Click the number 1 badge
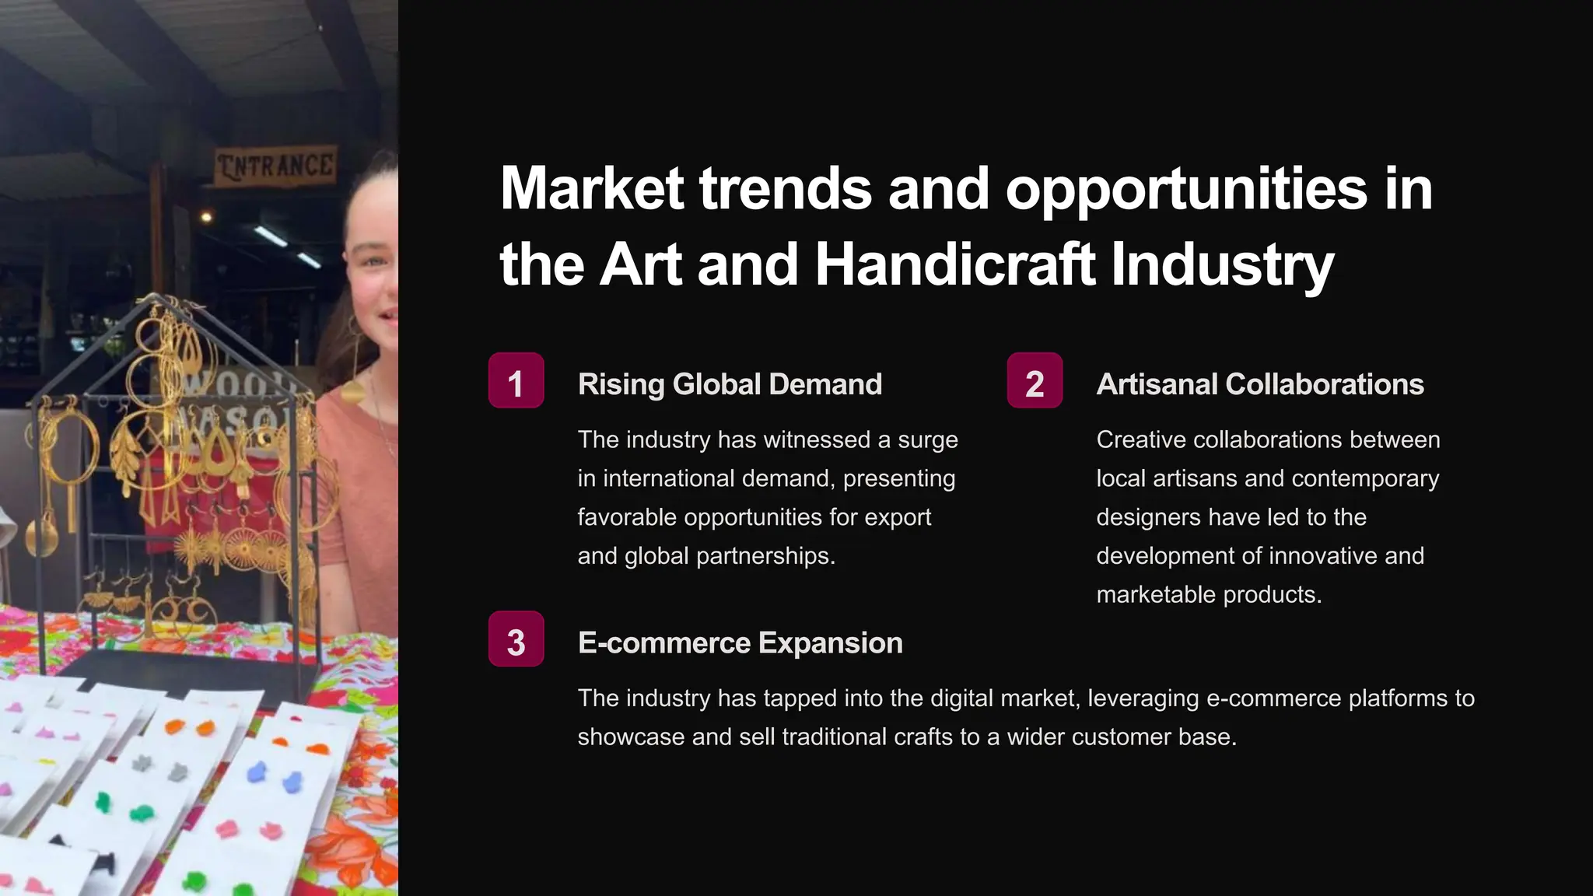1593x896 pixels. click(x=516, y=381)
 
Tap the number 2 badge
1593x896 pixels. click(x=1035, y=381)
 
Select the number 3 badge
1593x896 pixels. click(x=516, y=639)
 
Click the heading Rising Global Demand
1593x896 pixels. click(x=730, y=384)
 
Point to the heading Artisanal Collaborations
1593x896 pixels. click(x=1260, y=384)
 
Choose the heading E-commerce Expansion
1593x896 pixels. click(x=740, y=643)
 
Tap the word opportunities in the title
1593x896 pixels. click(x=1186, y=189)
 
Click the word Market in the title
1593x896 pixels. click(x=592, y=189)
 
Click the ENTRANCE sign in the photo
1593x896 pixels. click(x=275, y=166)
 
